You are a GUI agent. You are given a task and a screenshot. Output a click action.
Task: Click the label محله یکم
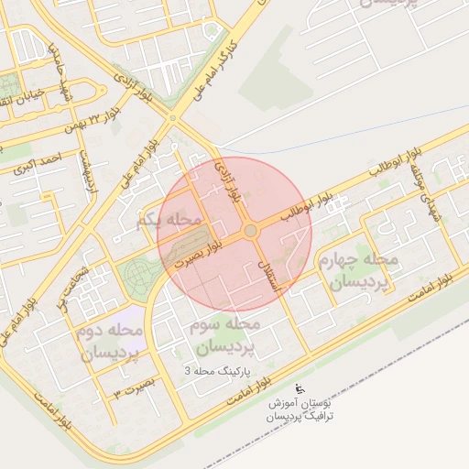coord(168,220)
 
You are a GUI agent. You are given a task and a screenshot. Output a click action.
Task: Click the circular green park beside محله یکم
coord(140,273)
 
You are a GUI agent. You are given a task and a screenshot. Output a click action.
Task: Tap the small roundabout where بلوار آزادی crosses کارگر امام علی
coord(172,116)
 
